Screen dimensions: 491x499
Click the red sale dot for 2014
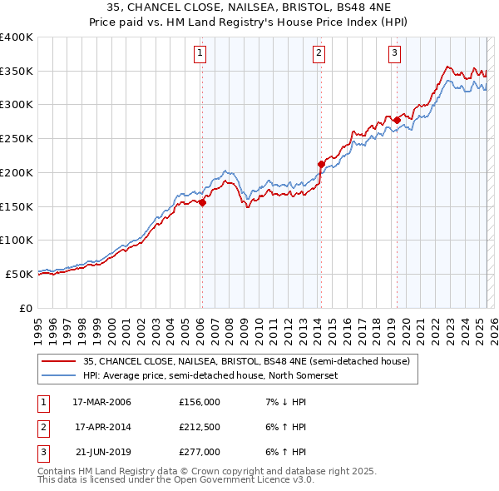click(321, 164)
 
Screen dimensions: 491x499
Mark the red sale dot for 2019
click(397, 120)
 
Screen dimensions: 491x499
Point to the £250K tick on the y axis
click(16, 138)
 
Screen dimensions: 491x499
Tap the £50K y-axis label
click(18, 274)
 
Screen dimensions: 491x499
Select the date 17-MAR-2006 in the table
click(102, 402)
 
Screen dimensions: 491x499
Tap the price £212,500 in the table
click(200, 427)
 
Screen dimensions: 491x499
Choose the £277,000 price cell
click(200, 452)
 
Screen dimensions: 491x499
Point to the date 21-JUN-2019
click(102, 452)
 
